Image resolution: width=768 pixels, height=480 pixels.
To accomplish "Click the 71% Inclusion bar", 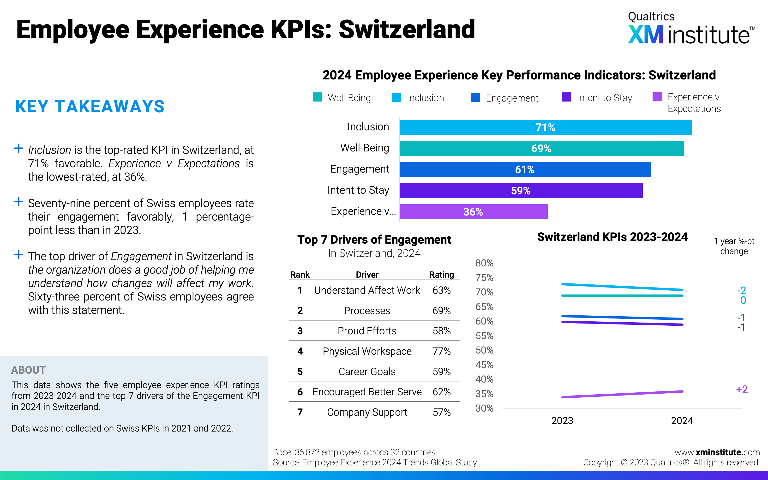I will (545, 127).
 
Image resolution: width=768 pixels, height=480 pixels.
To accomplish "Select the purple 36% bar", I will (473, 212).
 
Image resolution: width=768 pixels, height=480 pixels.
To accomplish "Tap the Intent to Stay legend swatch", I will (566, 97).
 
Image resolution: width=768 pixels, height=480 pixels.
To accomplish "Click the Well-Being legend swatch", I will (317, 97).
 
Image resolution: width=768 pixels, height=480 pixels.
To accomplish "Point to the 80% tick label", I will (484, 263).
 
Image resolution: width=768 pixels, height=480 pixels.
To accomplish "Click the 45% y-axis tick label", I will (484, 365).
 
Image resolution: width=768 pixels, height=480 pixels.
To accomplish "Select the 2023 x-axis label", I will (562, 421).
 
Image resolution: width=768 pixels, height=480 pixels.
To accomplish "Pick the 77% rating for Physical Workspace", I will (441, 351).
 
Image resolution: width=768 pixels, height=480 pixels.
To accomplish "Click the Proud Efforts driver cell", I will (367, 331).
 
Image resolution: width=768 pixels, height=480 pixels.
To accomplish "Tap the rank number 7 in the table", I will (300, 412).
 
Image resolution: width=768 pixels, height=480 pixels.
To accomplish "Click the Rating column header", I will (441, 275).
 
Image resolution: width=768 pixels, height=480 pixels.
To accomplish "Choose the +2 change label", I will (742, 390).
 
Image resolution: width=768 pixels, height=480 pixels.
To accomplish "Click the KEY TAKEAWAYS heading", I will (90, 107).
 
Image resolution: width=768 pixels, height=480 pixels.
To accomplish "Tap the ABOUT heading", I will (29, 370).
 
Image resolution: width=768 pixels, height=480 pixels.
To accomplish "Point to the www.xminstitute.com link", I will (717, 452).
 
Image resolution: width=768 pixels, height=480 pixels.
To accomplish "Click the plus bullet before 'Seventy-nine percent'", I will (19, 202).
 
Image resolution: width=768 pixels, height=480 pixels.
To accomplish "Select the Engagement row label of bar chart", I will (359, 169).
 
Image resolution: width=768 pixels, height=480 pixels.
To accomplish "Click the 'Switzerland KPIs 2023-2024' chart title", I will (612, 237).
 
